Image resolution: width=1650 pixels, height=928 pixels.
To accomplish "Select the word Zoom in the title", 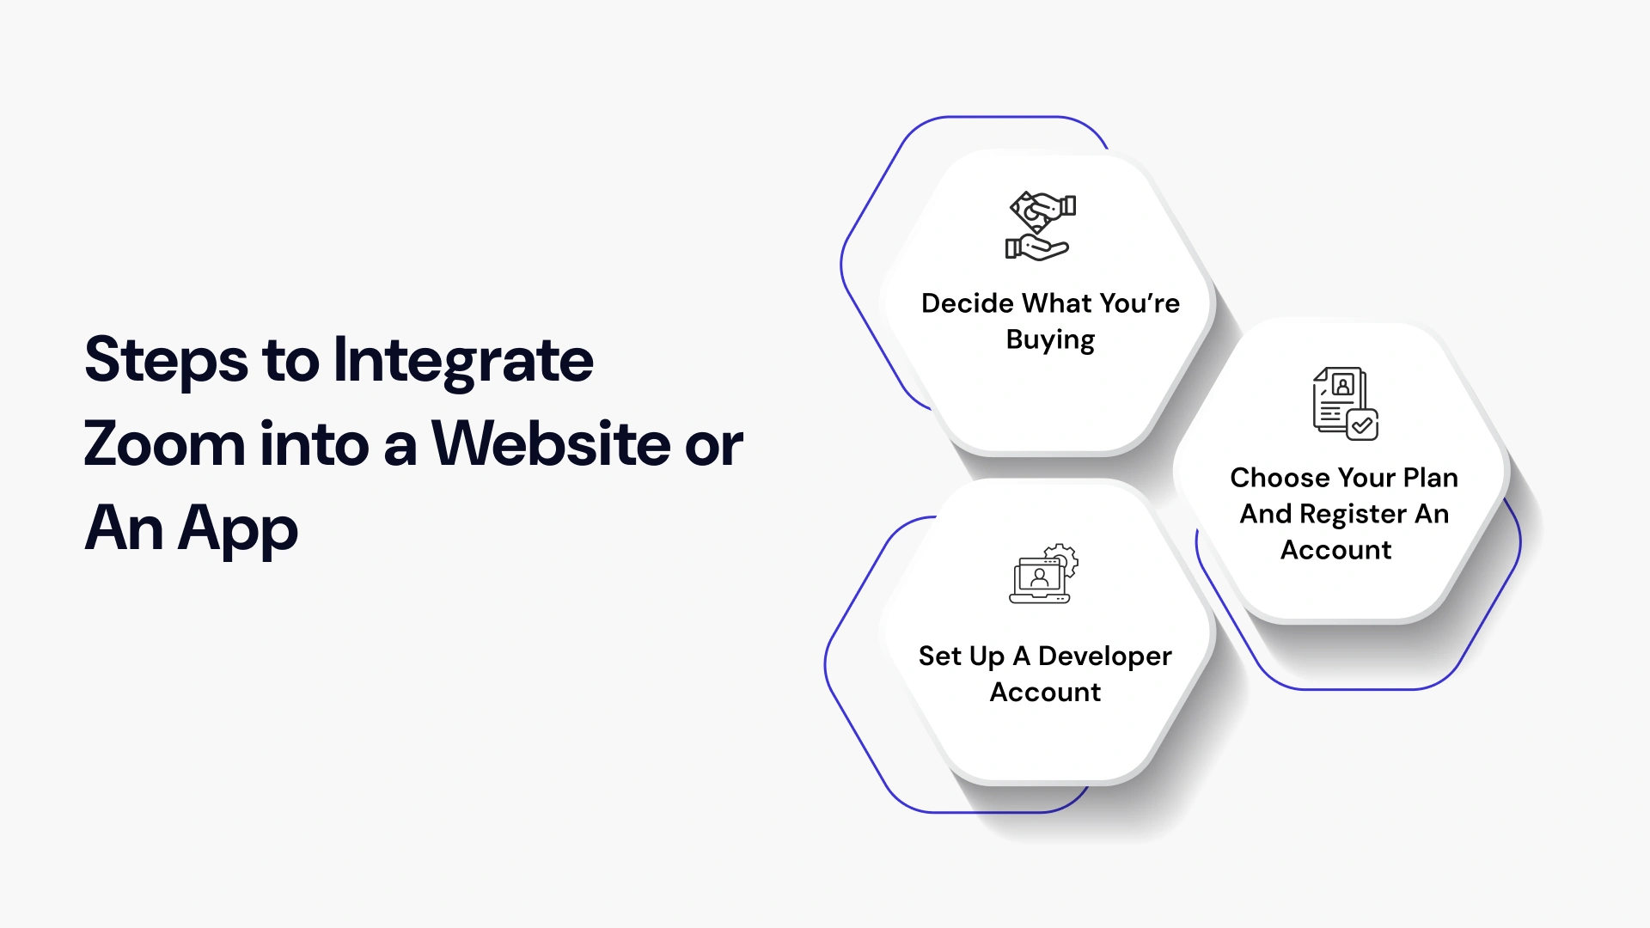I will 164,444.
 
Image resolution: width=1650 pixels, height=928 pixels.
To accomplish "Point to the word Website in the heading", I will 551,444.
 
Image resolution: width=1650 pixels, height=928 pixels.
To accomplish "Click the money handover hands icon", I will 1041,225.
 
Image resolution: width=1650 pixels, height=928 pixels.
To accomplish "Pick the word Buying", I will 1050,340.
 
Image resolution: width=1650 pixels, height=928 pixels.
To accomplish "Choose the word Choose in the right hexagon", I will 1268,478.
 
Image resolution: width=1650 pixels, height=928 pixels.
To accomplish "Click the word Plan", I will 1430,478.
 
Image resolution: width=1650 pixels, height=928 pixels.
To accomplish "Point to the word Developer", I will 1104,656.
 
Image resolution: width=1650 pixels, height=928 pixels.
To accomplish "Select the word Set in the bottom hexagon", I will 939,656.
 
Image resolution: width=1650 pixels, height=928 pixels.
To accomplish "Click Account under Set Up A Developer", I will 1045,693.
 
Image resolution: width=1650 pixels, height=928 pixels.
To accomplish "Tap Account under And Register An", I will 1335,550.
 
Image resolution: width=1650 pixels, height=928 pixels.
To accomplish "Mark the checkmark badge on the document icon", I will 1362,424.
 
